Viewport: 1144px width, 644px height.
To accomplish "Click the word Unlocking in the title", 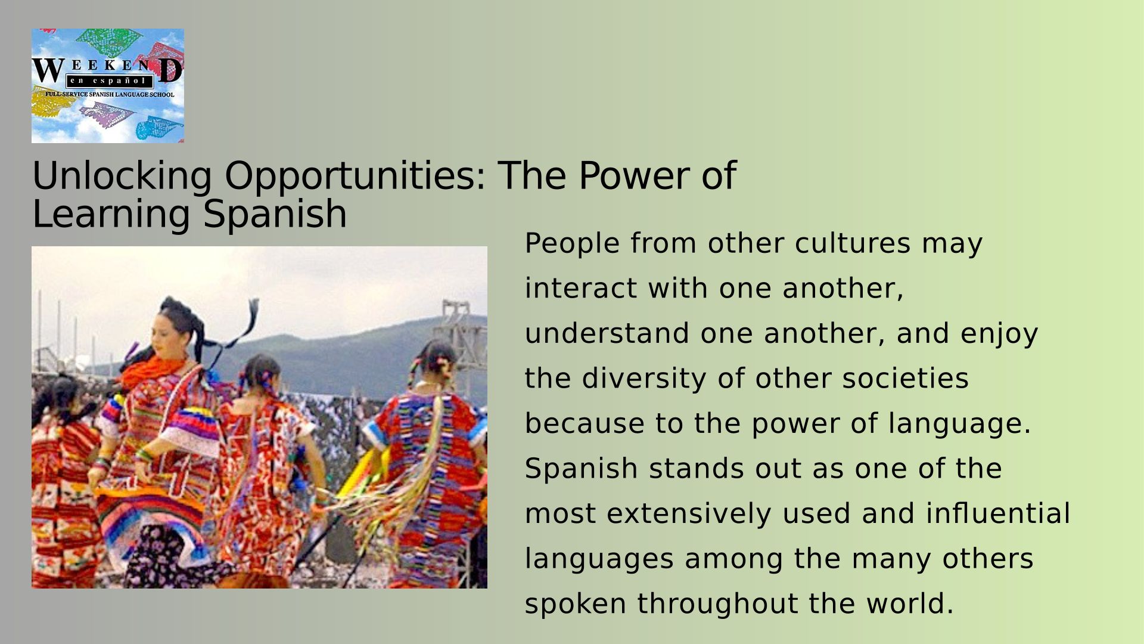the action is (122, 176).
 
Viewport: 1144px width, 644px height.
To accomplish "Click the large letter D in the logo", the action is (170, 70).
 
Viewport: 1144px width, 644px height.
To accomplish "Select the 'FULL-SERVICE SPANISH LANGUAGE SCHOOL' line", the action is (110, 94).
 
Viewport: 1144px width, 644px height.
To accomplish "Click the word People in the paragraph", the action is (572, 243).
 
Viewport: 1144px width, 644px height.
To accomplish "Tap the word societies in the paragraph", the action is (905, 379).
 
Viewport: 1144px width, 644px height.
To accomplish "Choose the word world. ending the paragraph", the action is (910, 603).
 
